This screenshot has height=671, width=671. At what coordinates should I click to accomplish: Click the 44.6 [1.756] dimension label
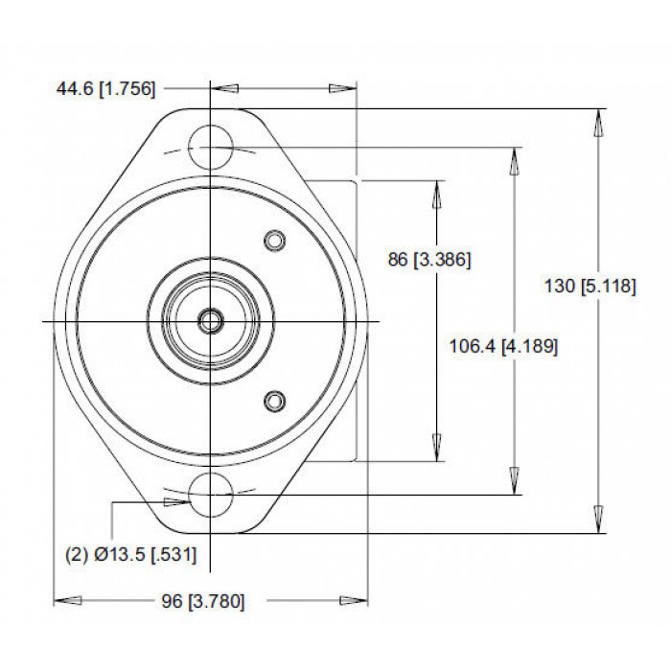(105, 89)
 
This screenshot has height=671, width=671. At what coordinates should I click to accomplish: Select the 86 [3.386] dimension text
(429, 260)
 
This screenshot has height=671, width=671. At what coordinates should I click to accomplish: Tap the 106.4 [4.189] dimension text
(503, 346)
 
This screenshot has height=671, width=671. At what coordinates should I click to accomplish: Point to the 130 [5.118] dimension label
(590, 286)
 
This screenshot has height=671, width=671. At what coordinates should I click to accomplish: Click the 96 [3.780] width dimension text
(203, 601)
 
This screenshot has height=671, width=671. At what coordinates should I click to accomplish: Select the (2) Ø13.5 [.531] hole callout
(131, 555)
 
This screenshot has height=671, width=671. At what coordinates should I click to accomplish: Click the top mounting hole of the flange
(210, 147)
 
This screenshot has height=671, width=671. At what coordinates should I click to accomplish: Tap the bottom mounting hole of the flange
(210, 495)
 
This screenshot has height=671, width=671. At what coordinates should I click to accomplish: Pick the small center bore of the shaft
(210, 320)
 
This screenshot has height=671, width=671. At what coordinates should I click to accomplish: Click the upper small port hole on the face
(275, 241)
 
